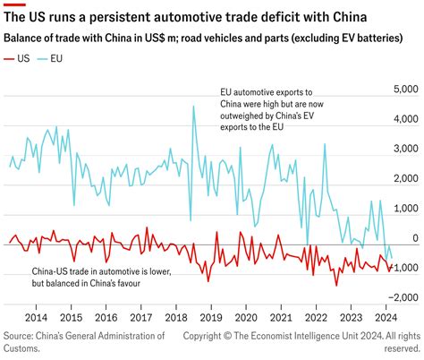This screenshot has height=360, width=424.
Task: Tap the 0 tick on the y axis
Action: click(414, 238)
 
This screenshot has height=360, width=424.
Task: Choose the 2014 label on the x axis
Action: click(37, 317)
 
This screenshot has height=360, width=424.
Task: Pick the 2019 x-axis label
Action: click(210, 317)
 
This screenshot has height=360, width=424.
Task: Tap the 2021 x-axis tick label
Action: click(280, 317)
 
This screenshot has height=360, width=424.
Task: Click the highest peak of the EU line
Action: click(193, 107)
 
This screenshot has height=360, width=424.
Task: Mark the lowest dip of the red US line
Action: click(336, 285)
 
